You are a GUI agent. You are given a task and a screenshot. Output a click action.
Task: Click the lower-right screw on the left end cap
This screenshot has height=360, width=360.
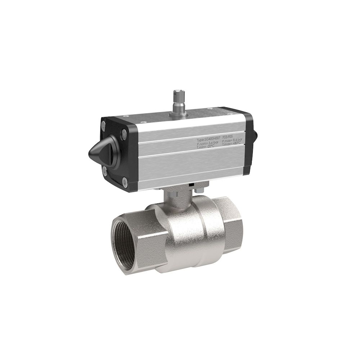pyautogui.click(x=125, y=183)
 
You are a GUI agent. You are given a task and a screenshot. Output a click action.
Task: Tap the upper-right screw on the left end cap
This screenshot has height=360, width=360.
pyautogui.click(x=124, y=135)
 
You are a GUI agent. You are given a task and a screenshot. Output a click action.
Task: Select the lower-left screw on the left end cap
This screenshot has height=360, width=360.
pyautogui.click(x=104, y=172)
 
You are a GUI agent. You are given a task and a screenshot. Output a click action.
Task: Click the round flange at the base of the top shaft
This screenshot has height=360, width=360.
pyautogui.click(x=177, y=113)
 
